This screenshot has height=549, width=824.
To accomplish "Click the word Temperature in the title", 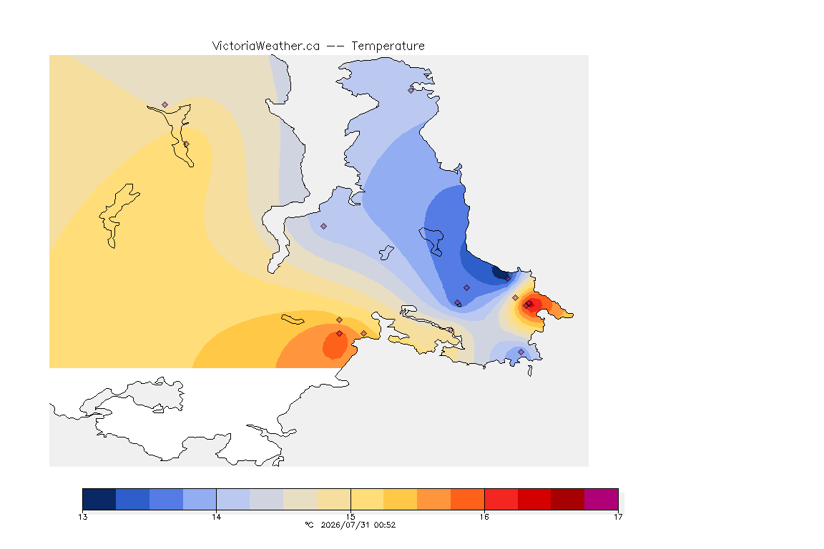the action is [388, 46].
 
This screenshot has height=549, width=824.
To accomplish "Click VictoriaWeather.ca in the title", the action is [266, 46].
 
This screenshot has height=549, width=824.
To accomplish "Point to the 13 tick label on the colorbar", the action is [82, 517].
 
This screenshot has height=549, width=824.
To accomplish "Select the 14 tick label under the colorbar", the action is [217, 517].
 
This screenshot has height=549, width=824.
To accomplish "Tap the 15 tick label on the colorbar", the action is [350, 517].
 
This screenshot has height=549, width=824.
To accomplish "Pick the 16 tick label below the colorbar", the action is [484, 517].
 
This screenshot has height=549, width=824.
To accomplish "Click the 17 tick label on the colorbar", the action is [618, 517].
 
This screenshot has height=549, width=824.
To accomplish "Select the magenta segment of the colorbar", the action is [601, 499].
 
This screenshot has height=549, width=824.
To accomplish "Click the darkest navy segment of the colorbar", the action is [99, 499].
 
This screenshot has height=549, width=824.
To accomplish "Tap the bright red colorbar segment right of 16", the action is [501, 499].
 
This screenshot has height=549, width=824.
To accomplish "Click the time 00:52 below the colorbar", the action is [385, 525].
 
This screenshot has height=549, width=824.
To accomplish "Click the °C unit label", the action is [309, 525].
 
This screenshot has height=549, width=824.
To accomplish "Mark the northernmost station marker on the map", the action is [411, 90].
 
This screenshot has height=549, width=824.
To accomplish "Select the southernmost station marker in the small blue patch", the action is [521, 352].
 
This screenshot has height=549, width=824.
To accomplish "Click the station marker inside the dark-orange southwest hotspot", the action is [340, 334].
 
